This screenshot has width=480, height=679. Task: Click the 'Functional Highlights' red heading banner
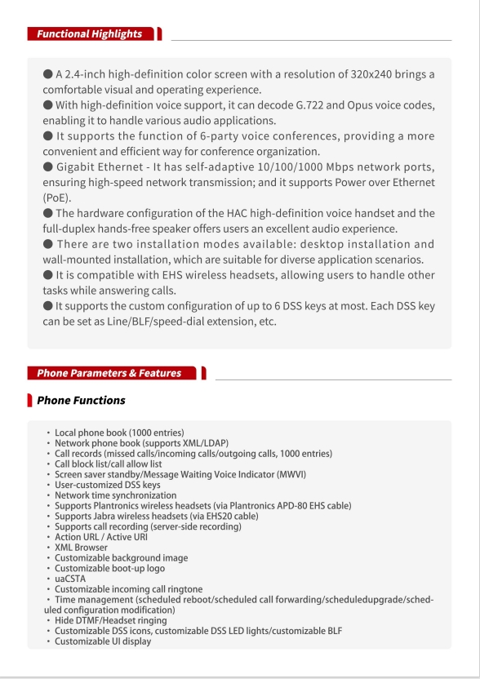click(x=89, y=33)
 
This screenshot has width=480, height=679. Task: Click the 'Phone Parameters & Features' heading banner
click(x=109, y=373)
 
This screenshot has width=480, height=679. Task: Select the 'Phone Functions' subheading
click(x=81, y=401)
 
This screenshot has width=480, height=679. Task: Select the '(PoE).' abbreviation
click(x=58, y=197)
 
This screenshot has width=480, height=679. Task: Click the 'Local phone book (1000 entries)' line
click(x=119, y=433)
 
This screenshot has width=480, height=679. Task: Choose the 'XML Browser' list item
click(x=81, y=548)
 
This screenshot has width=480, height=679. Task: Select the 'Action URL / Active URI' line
click(x=100, y=537)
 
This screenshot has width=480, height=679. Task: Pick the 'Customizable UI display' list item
click(x=103, y=641)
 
